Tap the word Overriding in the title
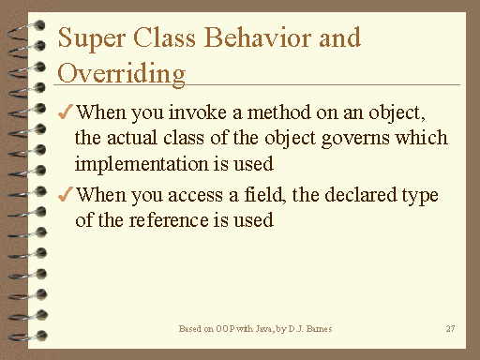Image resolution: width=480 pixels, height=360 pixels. [121, 72]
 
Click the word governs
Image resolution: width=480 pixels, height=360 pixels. [356, 140]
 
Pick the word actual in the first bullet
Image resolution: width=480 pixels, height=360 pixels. [131, 140]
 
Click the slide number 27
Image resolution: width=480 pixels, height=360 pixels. [450, 330]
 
